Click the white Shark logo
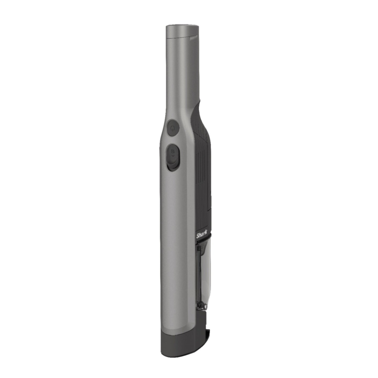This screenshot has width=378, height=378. (x=202, y=236)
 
